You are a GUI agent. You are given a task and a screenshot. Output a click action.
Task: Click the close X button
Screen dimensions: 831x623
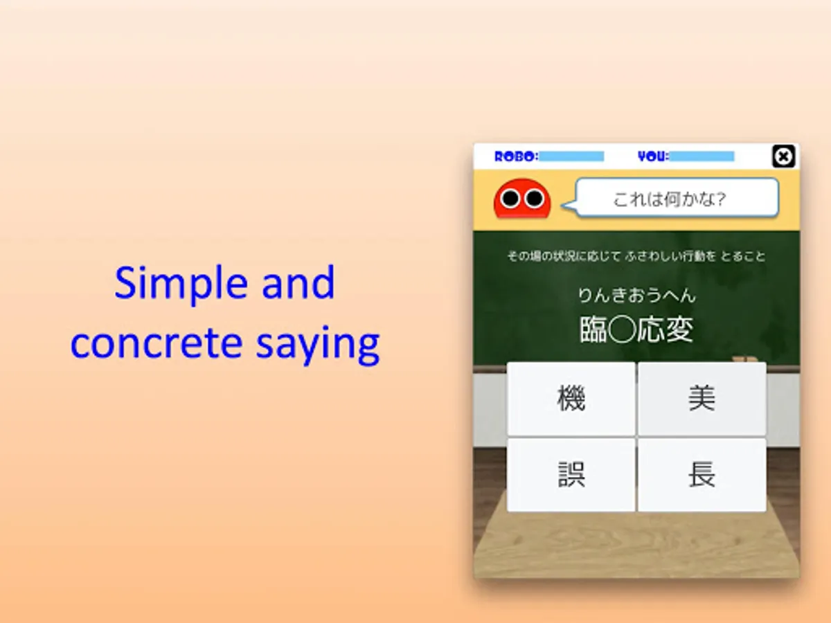click(783, 156)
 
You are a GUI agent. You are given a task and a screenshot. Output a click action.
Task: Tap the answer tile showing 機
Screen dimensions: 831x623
click(571, 399)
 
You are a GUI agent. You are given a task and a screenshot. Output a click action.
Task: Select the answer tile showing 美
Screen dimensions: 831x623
click(702, 399)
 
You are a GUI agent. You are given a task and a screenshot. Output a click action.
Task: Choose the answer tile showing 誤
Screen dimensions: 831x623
click(571, 475)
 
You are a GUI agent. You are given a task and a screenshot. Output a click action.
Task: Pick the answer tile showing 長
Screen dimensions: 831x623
click(702, 475)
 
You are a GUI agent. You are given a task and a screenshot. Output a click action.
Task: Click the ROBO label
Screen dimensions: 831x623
click(517, 156)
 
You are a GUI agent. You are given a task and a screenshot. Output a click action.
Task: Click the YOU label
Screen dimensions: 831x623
click(654, 156)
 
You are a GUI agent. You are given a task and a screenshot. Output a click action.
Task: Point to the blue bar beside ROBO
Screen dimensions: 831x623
click(571, 156)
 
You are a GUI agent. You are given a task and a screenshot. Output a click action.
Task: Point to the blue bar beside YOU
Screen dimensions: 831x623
click(702, 156)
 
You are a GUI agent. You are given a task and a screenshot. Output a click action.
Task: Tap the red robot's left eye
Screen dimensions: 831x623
click(510, 198)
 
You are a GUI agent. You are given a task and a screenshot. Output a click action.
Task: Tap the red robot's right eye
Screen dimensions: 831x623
click(534, 198)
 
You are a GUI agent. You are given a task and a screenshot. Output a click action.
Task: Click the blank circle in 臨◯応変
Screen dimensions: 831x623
click(623, 329)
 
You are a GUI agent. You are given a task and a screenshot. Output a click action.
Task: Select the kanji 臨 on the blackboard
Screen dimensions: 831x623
click(593, 329)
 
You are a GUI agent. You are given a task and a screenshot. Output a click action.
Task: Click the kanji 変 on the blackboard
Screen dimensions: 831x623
click(679, 329)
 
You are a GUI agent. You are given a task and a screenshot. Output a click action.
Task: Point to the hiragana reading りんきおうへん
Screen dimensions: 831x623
click(637, 296)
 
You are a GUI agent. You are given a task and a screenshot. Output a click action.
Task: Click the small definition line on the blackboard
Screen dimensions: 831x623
click(636, 256)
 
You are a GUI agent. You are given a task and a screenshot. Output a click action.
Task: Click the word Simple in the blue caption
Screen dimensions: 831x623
click(181, 283)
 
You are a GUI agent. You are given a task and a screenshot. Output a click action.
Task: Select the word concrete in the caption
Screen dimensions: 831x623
click(157, 343)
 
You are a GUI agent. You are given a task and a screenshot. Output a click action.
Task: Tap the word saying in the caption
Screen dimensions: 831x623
click(318, 345)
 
